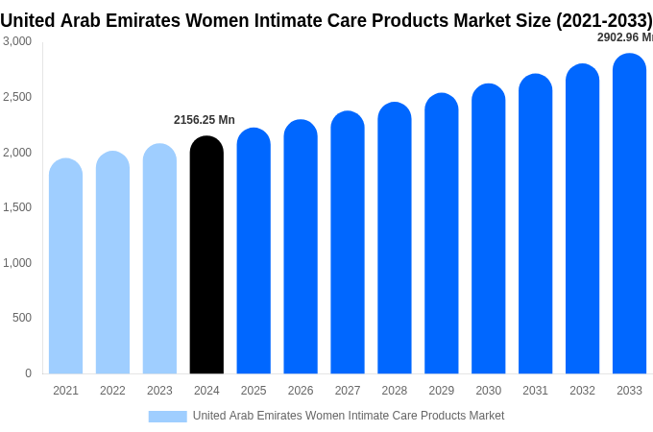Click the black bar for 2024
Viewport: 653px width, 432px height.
[x=206, y=255]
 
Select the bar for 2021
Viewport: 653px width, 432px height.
[x=65, y=267]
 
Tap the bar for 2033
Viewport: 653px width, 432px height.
[x=629, y=214]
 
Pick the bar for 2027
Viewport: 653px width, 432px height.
[x=348, y=243]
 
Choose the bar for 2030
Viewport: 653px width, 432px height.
[x=488, y=229]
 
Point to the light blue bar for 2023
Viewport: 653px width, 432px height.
[x=159, y=259]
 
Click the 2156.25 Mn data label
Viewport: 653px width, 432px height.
[x=204, y=120]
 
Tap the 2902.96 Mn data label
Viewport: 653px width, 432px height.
[x=624, y=37]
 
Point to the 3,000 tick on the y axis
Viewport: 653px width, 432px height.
[x=17, y=41]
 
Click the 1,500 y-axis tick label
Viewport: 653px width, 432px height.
[x=17, y=207]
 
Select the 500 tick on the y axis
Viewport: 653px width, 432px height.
[x=21, y=318]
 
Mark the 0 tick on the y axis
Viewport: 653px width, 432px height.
[x=28, y=373]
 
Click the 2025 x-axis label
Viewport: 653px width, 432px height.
[x=254, y=391]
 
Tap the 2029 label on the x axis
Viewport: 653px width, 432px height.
[x=442, y=391]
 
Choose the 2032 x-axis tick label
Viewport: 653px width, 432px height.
[x=582, y=391]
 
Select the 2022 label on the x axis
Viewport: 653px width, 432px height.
[x=112, y=391]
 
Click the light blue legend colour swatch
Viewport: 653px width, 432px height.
[x=167, y=417]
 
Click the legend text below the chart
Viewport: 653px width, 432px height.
[x=348, y=416]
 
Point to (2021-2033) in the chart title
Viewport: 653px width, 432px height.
[x=604, y=20]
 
